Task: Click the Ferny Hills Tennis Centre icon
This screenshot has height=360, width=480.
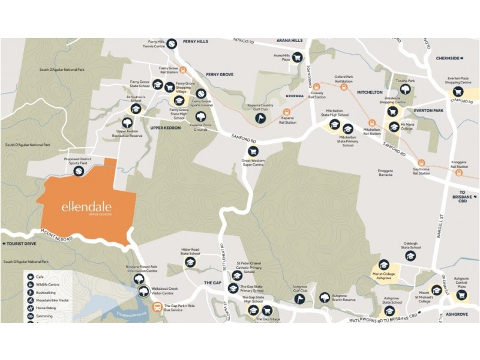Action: [x=172, y=43]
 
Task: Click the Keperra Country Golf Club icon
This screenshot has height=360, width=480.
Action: [x=260, y=118]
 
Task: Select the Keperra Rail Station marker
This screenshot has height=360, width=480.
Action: [x=287, y=112]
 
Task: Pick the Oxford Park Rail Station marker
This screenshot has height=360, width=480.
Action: [x=344, y=86]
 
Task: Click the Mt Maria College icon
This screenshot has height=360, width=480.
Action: [x=393, y=127]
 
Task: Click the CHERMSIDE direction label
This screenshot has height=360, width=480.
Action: [x=449, y=58]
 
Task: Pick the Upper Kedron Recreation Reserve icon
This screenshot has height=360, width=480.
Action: [x=126, y=122]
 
